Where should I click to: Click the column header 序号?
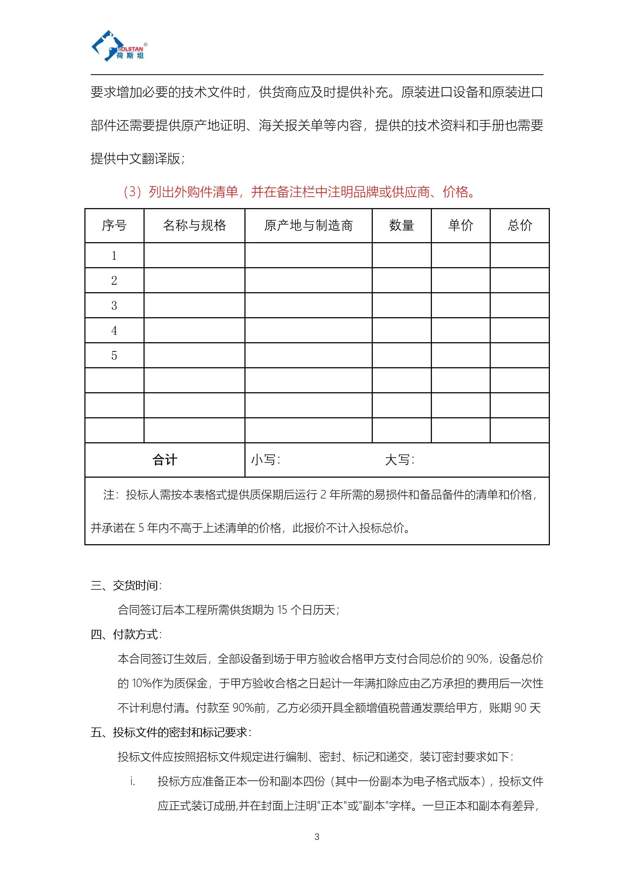coord(114,226)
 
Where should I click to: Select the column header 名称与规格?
coord(194,226)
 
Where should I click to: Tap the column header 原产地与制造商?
coord(308,226)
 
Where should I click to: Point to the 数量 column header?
coord(401,226)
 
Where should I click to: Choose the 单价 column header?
coord(461,226)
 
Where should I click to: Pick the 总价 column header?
coord(520,226)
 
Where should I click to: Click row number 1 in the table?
coord(114,256)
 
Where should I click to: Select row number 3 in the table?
coord(114,305)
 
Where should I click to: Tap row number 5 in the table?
coord(114,356)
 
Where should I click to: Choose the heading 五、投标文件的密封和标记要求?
coord(171,733)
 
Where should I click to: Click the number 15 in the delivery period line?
coord(282,610)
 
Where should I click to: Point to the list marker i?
coord(133,781)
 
